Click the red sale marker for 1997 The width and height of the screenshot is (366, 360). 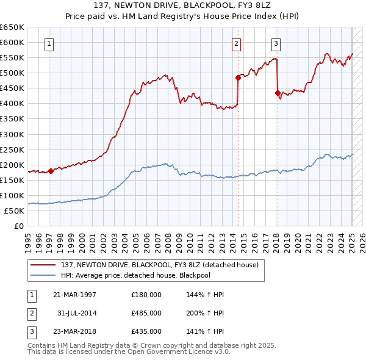(x=51, y=171)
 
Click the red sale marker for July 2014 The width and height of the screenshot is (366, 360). (x=238, y=77)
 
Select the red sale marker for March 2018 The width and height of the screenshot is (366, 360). (x=278, y=93)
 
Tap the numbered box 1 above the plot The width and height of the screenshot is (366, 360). (x=48, y=43)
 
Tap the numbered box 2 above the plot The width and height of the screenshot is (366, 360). (x=236, y=43)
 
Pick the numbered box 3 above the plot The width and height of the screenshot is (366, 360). (x=276, y=43)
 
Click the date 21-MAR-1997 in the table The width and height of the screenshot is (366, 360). (x=75, y=294)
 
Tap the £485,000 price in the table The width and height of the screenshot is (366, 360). (x=146, y=313)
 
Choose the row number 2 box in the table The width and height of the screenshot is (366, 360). (x=31, y=313)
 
